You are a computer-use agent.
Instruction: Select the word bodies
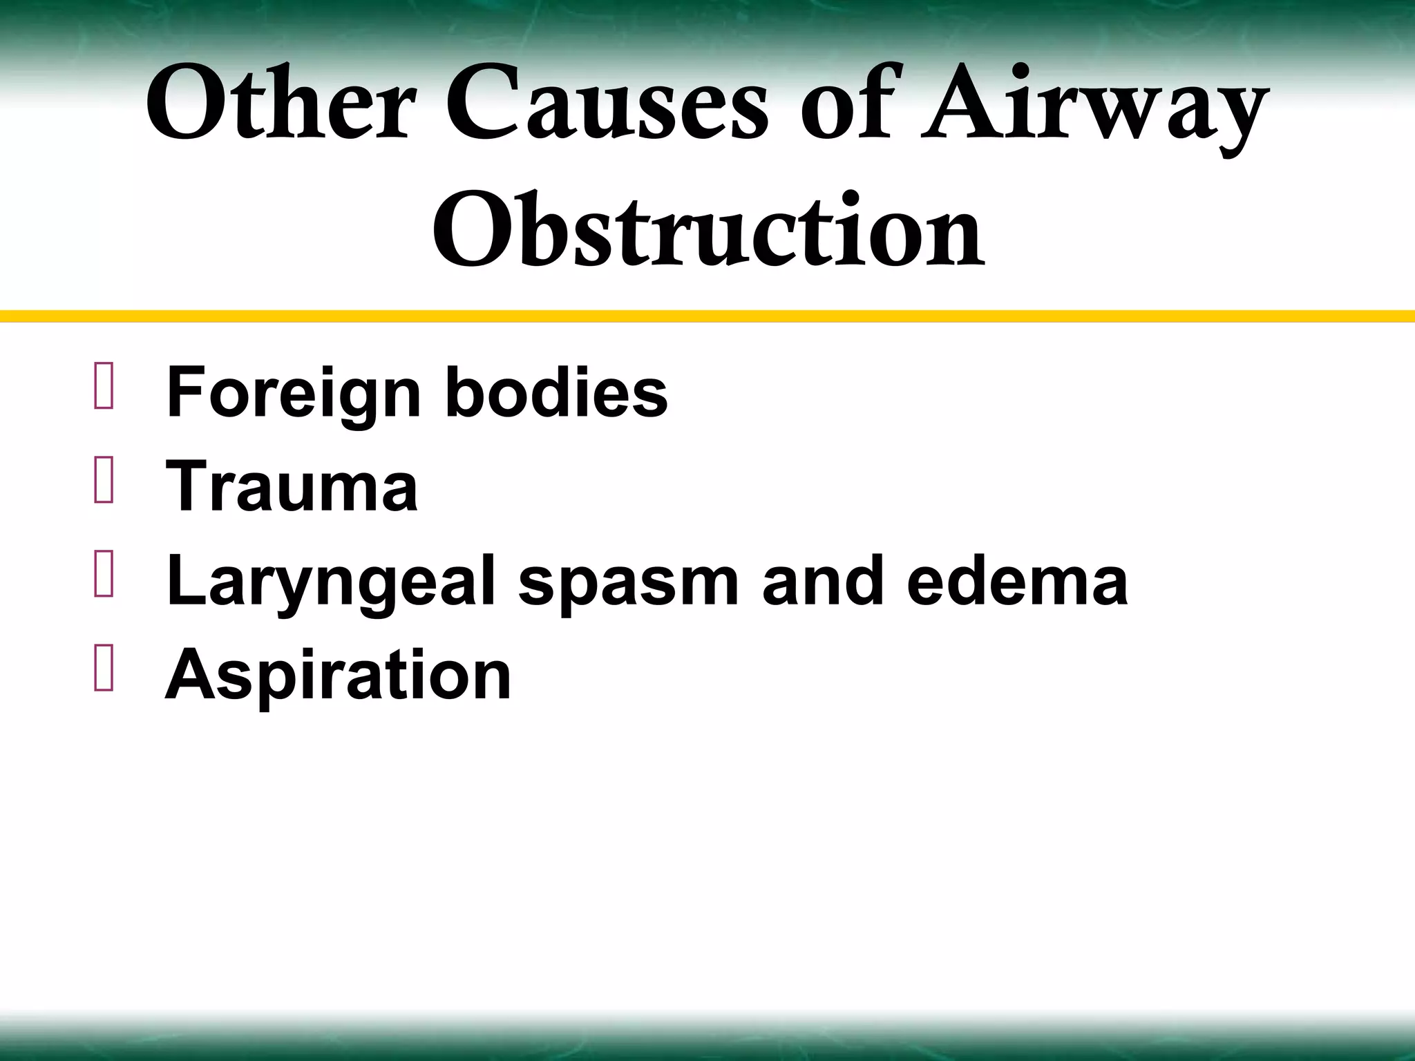click(x=556, y=394)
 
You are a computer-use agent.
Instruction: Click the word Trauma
click(x=292, y=487)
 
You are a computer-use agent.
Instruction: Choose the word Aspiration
click(x=338, y=675)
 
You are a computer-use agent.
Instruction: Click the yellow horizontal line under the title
click(x=707, y=316)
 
